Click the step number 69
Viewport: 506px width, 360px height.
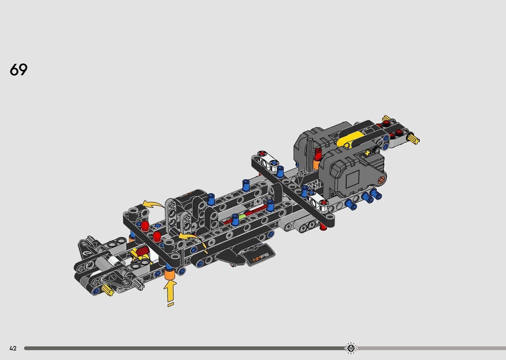click(19, 70)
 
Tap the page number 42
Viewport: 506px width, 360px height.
click(13, 348)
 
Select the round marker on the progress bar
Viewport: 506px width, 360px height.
click(351, 348)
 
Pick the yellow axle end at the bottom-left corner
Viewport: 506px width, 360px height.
click(108, 290)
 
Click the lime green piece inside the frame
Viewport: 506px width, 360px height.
click(242, 217)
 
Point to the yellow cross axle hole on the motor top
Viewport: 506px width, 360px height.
click(368, 153)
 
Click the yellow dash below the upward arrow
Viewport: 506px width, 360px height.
click(170, 305)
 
